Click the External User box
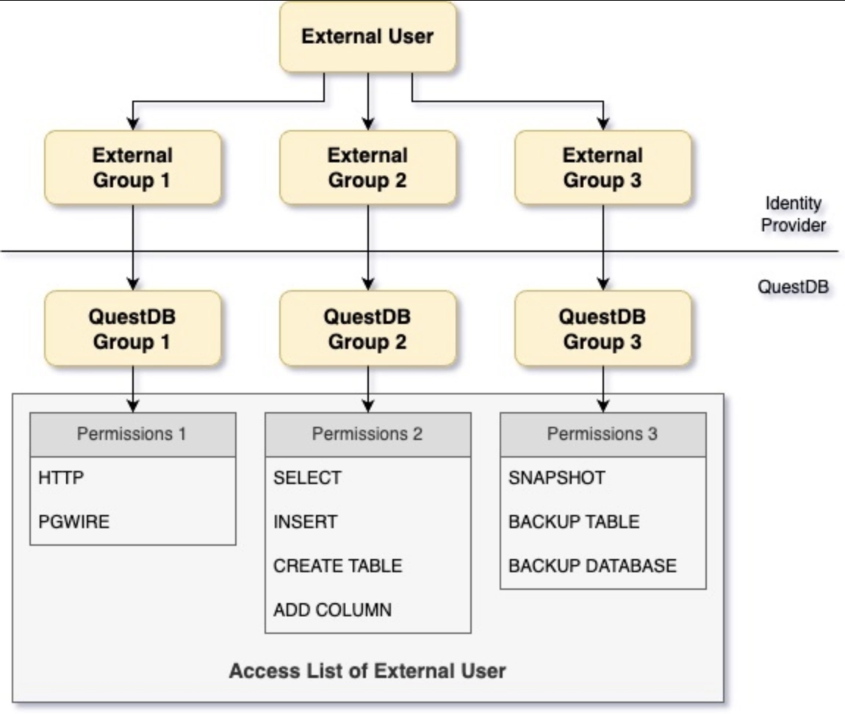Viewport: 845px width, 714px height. (367, 37)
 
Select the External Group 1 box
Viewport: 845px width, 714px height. (132, 167)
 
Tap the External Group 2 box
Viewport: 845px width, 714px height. (367, 167)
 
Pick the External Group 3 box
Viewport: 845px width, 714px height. (603, 167)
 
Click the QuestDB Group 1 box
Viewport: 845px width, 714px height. (132, 328)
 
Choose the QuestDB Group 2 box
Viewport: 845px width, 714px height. (367, 328)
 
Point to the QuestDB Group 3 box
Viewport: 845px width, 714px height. (603, 328)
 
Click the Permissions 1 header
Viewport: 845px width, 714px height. (132, 434)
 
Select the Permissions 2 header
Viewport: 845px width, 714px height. (367, 434)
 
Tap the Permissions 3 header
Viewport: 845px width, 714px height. (603, 434)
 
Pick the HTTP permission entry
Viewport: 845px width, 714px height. (62, 477)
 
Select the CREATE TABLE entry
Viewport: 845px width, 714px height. (337, 566)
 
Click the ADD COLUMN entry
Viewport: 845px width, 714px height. (332, 610)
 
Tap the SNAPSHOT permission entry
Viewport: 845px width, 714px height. (556, 477)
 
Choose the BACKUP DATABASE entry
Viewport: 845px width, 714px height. (592, 566)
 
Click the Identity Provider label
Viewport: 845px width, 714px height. (793, 214)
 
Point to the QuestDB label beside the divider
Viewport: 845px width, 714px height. (793, 286)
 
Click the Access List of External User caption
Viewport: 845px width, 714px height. (367, 671)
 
